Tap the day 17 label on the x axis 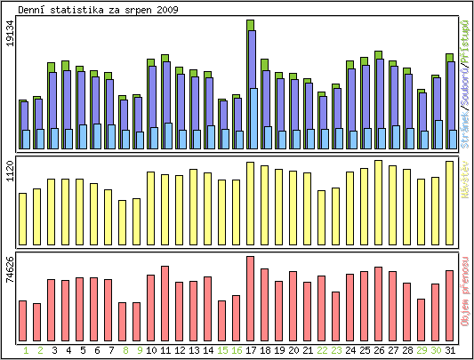(250, 350)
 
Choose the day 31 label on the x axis (449, 350)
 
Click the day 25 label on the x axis (364, 350)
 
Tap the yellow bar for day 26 (378, 202)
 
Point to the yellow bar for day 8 (122, 221)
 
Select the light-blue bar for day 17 (253, 118)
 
